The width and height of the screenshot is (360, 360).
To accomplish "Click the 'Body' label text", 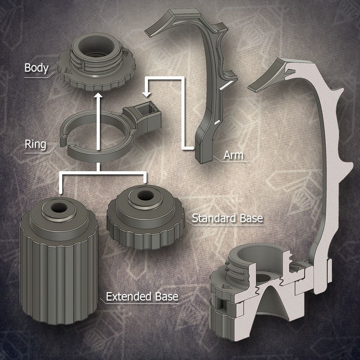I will (36, 68).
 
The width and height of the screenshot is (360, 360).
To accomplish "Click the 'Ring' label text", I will (35, 144).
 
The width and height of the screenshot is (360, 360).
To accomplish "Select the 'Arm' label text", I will (233, 155).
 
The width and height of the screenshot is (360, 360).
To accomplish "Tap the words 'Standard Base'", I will (227, 218).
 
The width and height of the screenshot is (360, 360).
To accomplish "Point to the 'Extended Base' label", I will (142, 296).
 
